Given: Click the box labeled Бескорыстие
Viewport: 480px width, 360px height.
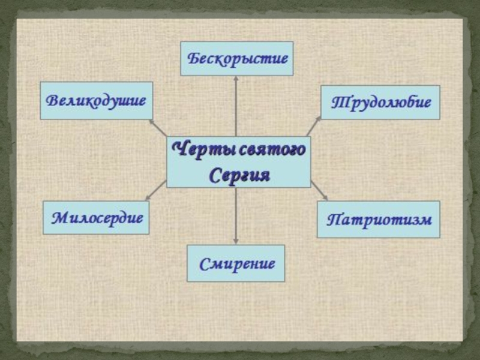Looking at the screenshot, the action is (236, 58).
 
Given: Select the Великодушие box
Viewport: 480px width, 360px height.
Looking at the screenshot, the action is (96, 100).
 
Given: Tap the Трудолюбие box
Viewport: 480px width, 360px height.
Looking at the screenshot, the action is (380, 102).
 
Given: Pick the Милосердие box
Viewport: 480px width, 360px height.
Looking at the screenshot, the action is (96, 217).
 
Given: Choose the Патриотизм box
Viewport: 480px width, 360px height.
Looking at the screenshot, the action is (378, 219).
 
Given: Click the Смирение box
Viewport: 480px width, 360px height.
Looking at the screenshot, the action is (236, 263).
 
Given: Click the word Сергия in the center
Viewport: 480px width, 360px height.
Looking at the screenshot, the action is (239, 176).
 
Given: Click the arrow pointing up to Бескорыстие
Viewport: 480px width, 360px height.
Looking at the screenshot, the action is (236, 105).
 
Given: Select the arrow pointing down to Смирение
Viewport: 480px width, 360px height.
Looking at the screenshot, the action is (236, 216).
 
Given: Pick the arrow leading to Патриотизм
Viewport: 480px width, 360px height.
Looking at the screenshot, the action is (319, 191).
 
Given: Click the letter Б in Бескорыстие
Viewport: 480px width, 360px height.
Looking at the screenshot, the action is (194, 59).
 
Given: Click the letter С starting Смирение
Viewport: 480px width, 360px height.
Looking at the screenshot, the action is (203, 263).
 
